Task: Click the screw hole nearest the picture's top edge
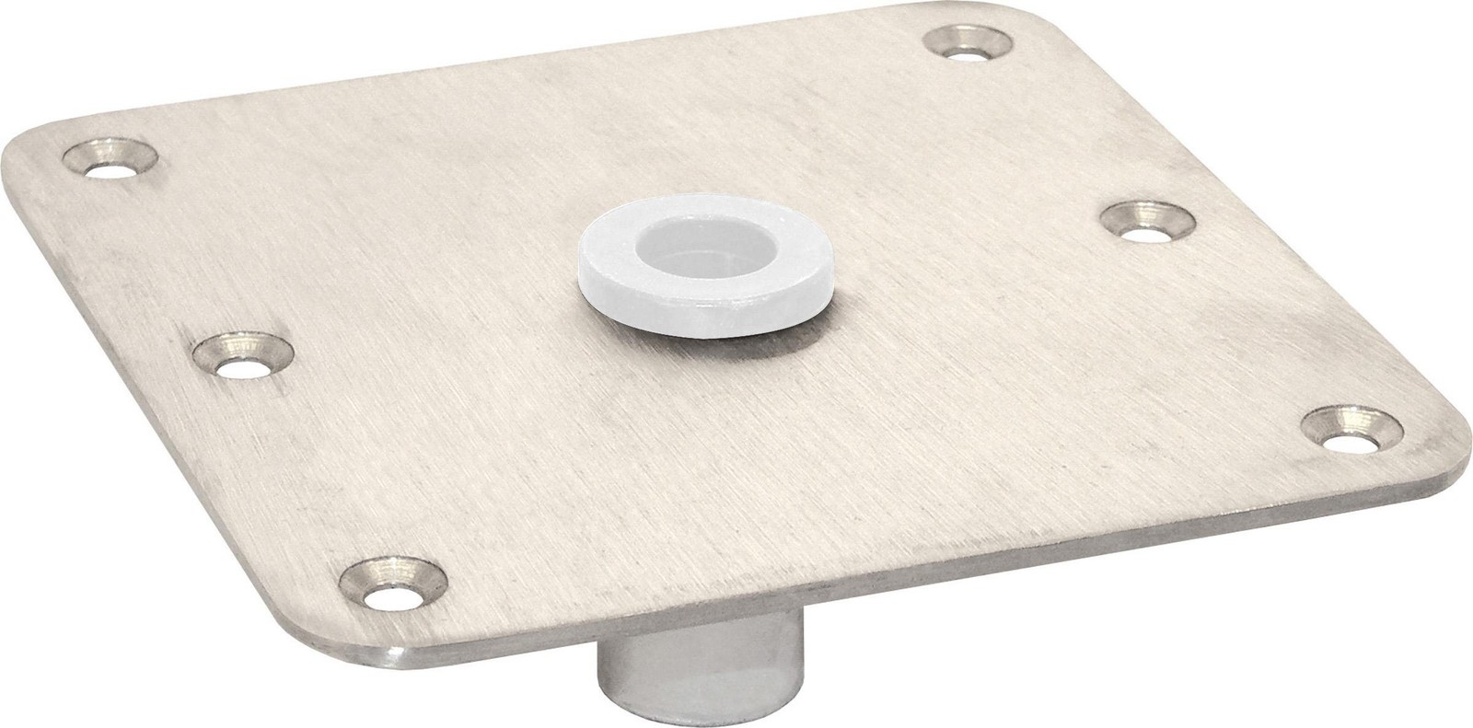pos(966,43)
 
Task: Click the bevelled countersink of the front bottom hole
pos(368,575)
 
